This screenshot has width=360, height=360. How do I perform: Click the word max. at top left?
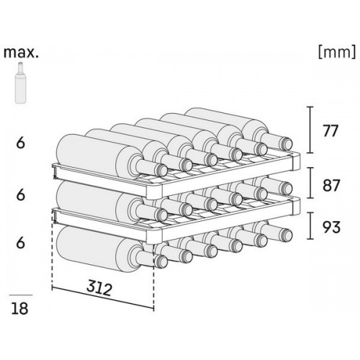click(x=21, y=53)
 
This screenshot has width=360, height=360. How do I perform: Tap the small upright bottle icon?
click(x=21, y=83)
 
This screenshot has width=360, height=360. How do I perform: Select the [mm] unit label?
click(x=337, y=52)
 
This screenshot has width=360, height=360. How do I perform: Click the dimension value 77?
click(x=330, y=131)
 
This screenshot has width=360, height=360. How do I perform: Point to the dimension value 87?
click(x=331, y=185)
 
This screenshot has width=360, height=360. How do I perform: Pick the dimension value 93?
click(x=331, y=227)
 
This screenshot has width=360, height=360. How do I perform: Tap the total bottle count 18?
click(x=20, y=308)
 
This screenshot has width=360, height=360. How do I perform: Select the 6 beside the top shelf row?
click(x=21, y=143)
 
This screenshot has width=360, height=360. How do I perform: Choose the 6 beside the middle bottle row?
click(x=21, y=194)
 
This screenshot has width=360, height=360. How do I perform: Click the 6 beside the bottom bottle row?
click(x=21, y=243)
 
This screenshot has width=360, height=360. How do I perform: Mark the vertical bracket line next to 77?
click(x=310, y=130)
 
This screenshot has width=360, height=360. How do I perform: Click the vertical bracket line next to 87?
click(x=310, y=183)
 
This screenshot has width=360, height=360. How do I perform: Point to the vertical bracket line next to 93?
click(x=310, y=225)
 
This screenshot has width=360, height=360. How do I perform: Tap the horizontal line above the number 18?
click(x=21, y=295)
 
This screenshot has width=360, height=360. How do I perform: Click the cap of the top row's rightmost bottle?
click(x=287, y=144)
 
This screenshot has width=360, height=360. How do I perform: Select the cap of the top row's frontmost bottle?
click(x=161, y=170)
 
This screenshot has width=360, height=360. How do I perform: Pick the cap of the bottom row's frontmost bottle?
click(x=161, y=261)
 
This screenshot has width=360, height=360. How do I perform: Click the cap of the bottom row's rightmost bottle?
click(x=287, y=235)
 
